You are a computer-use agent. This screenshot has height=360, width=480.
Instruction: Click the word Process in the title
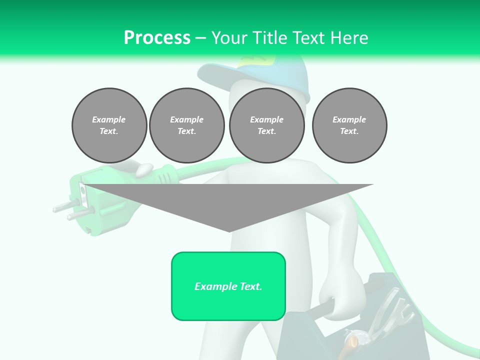tap(157, 37)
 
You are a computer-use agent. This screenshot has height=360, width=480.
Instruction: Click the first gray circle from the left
tap(109, 125)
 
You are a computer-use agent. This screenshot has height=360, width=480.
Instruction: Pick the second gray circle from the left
tap(186, 125)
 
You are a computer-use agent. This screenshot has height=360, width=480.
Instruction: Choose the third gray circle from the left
tap(266, 125)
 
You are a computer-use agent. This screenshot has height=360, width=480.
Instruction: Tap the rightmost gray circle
tap(349, 125)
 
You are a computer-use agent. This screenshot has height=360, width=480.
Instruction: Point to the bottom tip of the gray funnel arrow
tap(229, 231)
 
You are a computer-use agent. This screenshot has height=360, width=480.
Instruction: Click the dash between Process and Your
tap(200, 38)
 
